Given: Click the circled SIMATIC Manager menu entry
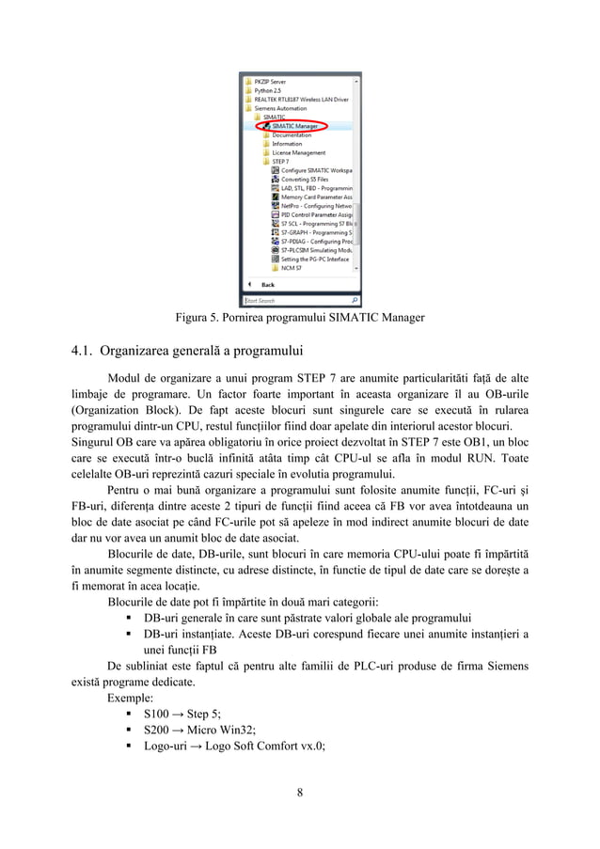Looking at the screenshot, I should [293, 125].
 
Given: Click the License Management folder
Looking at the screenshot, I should [298, 152].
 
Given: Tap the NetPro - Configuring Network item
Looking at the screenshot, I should [316, 206].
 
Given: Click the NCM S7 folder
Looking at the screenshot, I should [292, 268].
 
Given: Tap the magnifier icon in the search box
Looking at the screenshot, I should [355, 301].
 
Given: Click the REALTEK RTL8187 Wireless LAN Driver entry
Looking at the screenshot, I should [300, 99].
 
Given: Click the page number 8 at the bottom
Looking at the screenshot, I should [300, 791].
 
